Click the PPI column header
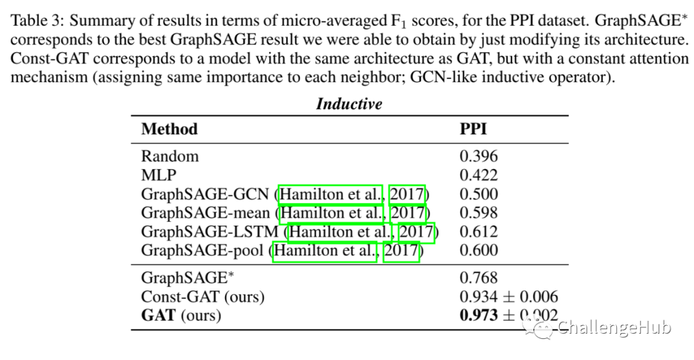(473, 129)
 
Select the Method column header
(169, 129)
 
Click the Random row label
(170, 156)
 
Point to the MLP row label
(158, 175)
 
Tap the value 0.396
(479, 156)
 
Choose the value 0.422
(479, 175)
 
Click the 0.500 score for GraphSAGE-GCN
(479, 194)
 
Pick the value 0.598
(479, 213)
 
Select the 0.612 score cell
(479, 231)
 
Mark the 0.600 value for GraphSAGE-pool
(479, 250)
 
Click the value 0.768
(479, 278)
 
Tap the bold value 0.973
(479, 315)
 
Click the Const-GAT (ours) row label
(202, 296)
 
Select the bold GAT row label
(159, 315)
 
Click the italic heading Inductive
(349, 104)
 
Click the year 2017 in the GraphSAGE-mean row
(407, 213)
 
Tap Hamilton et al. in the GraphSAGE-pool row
(325, 250)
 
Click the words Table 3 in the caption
(36, 21)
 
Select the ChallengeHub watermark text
(614, 328)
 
